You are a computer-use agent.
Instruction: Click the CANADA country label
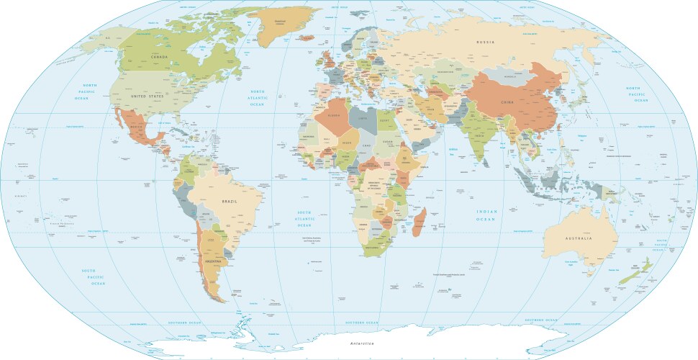(160, 56)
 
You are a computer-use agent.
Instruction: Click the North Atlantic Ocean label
(257, 98)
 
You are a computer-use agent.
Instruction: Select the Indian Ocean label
(486, 215)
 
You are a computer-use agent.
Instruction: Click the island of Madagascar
(420, 221)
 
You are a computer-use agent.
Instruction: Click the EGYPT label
(386, 120)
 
